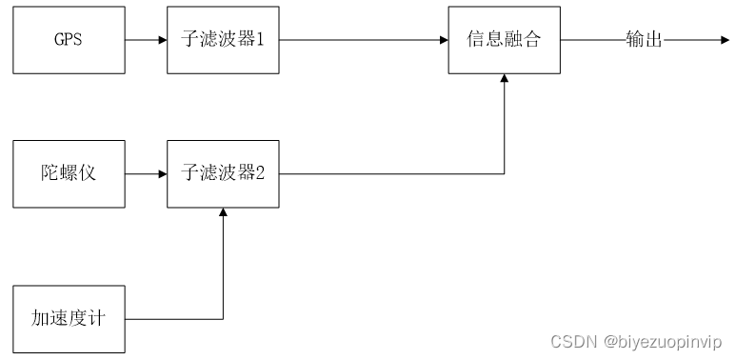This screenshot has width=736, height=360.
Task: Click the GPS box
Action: click(69, 40)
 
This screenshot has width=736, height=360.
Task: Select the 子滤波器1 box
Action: click(223, 40)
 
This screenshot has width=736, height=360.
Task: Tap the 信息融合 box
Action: click(505, 40)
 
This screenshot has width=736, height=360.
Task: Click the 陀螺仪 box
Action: click(69, 173)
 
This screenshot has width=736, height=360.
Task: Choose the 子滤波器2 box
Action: click(223, 173)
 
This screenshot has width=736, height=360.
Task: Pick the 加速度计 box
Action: click(69, 318)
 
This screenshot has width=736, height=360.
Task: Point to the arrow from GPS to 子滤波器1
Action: click(146, 40)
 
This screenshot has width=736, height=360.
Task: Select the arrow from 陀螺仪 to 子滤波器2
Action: click(146, 173)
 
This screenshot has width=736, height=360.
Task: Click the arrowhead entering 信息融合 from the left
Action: click(443, 40)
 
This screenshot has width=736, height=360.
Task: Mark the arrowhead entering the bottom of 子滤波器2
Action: click(223, 213)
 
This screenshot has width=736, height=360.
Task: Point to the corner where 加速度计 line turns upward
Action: click(223, 318)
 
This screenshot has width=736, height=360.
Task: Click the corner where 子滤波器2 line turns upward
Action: click(505, 173)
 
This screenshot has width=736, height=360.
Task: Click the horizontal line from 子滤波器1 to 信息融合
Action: click(362, 40)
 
